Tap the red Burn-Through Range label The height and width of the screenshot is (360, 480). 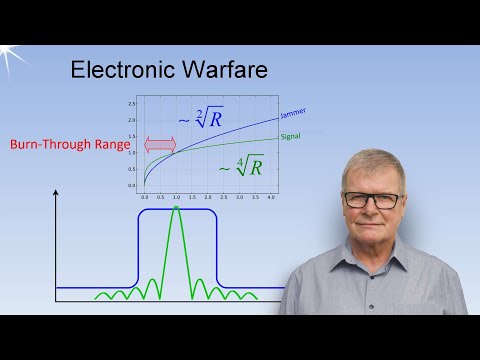pos(70,144)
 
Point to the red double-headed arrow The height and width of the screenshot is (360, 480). pos(160,144)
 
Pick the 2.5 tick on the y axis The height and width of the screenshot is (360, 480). pos(131,104)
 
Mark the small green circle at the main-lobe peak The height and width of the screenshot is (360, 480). pos(176,208)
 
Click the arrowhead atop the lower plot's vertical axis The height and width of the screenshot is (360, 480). pos(56,191)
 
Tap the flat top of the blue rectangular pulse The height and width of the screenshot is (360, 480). pos(176,211)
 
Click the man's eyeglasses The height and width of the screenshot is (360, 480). pos(370,198)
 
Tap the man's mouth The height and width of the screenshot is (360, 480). pos(372,225)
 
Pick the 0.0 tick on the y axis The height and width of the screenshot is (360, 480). pos(131,185)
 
